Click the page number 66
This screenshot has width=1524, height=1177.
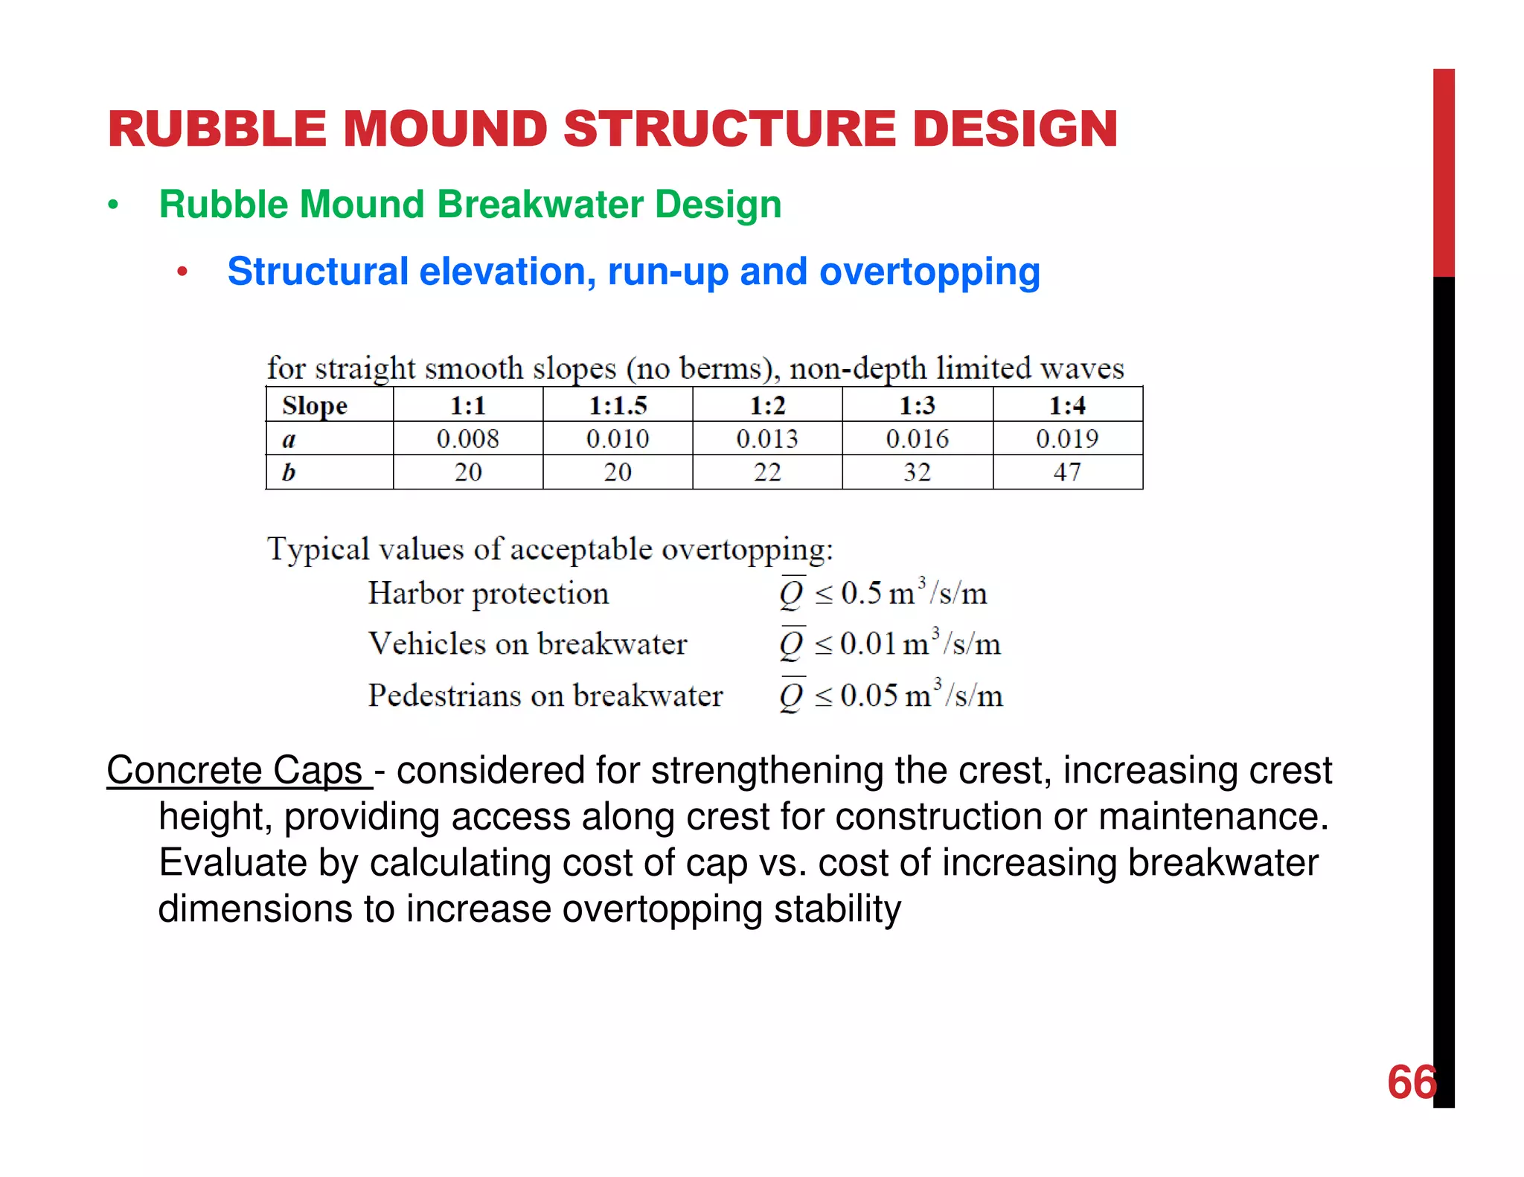pos(1411,1083)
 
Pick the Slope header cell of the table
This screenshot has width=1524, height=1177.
pos(315,406)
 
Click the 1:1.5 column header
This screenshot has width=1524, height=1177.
pos(618,406)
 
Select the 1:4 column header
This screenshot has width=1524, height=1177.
pos(1067,406)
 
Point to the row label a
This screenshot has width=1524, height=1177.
pos(289,440)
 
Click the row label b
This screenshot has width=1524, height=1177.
pos(289,472)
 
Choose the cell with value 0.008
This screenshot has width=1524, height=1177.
pos(467,439)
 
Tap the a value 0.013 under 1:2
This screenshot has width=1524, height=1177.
pos(767,439)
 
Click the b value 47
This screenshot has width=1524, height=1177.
pos(1067,472)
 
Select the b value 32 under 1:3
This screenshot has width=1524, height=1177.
pos(918,472)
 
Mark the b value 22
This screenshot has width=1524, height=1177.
pos(767,472)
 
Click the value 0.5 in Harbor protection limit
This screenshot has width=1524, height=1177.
pos(861,594)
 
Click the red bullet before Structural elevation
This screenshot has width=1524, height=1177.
pos(182,272)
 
